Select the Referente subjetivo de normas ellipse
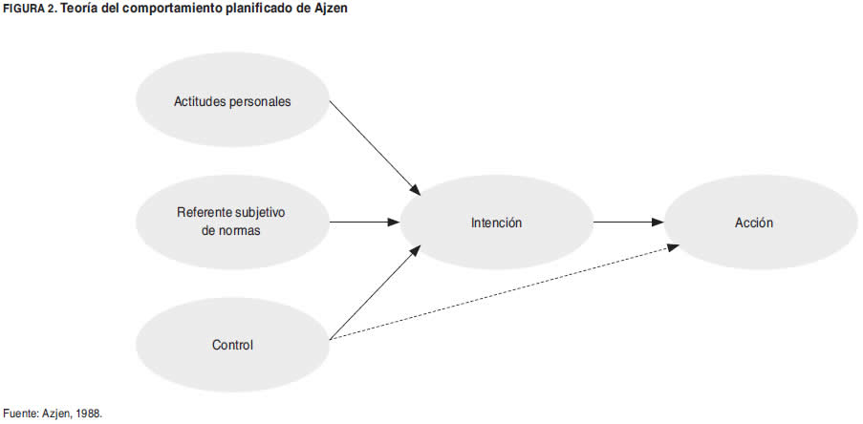pyautogui.click(x=232, y=222)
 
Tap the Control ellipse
pyautogui.click(x=232, y=345)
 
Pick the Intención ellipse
pyautogui.click(x=497, y=223)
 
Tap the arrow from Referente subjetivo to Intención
pyautogui.click(x=363, y=223)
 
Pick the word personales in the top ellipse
pyautogui.click(x=259, y=100)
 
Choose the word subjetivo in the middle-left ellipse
pyautogui.click(x=259, y=212)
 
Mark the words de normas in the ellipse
pyautogui.click(x=232, y=231)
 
